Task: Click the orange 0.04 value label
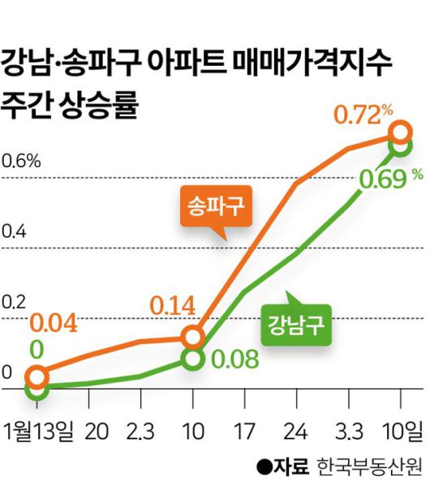(x=54, y=323)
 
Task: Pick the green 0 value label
(x=37, y=350)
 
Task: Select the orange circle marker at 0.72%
(x=400, y=132)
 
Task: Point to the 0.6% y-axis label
(x=21, y=160)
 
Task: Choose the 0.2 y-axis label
(x=15, y=303)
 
